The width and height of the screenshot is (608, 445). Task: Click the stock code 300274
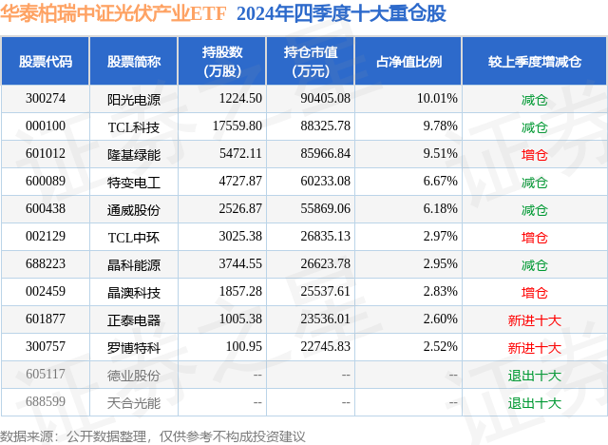(46, 98)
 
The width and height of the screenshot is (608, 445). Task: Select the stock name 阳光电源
(133, 98)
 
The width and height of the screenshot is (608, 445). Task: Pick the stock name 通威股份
(133, 209)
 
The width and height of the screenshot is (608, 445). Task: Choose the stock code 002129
(46, 237)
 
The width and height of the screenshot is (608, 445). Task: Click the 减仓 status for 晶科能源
(535, 264)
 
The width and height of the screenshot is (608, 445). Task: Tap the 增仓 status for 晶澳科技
(535, 292)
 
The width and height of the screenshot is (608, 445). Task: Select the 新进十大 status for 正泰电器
(535, 319)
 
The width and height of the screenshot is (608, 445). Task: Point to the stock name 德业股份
(133, 375)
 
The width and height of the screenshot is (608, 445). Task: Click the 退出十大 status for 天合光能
(535, 402)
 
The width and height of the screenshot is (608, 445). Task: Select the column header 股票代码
(46, 61)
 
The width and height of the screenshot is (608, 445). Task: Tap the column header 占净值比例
(415, 61)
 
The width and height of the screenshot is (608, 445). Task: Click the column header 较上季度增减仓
(535, 61)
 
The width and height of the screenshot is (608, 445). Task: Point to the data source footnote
(153, 435)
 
